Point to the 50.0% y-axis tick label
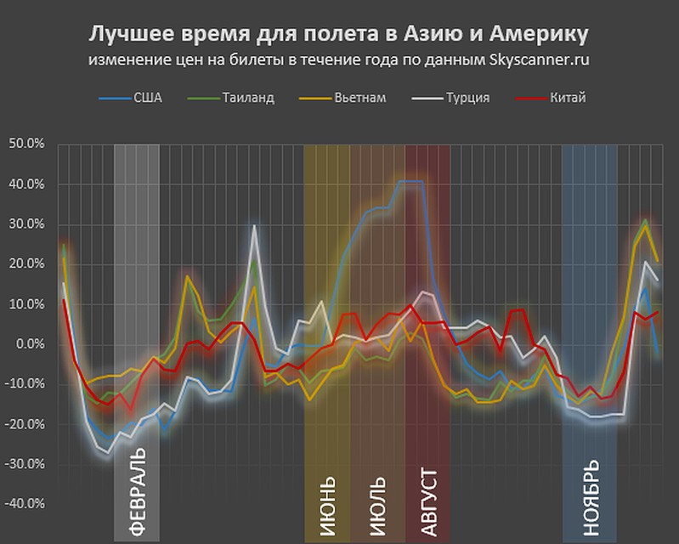[27, 144]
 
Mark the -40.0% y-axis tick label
[25, 504]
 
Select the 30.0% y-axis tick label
[27, 224]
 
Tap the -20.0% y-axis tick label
[25, 424]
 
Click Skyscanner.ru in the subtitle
[540, 60]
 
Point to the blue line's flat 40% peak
[410, 181]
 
